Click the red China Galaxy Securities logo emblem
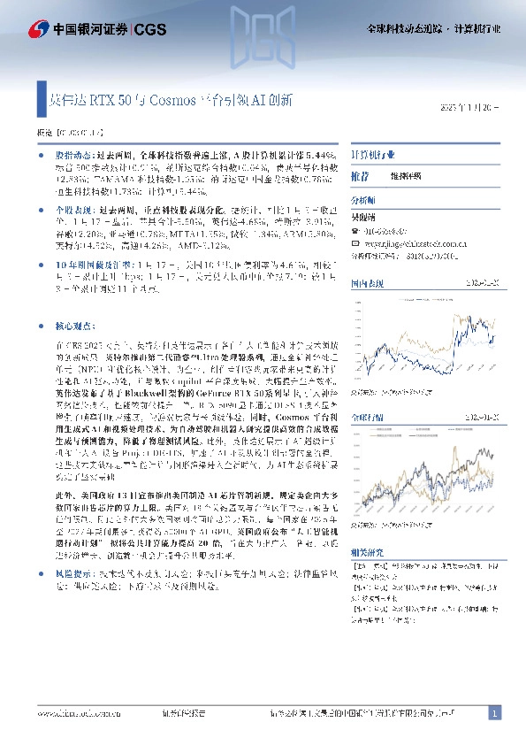coord(15,29)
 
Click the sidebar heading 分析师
coord(363,202)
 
